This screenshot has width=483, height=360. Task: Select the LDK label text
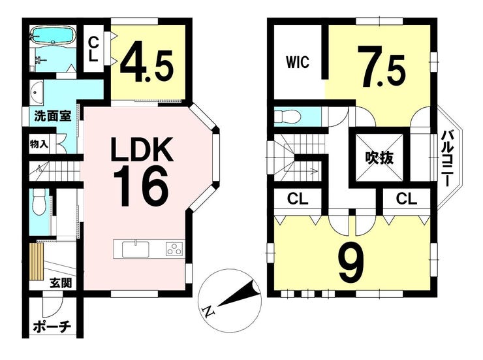(142, 150)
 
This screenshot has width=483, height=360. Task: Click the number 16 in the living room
(142, 187)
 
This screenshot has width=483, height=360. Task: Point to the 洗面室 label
(53, 116)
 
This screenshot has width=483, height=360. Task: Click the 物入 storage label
(39, 144)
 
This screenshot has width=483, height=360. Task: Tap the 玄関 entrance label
(61, 282)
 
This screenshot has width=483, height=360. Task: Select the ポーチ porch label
(52, 326)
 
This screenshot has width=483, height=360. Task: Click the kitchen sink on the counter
(136, 249)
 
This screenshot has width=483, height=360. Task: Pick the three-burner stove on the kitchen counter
(174, 249)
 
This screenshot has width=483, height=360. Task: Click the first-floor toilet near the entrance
(39, 202)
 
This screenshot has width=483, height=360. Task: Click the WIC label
(297, 62)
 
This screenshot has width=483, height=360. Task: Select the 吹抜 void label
(379, 158)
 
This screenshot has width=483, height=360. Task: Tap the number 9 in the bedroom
(351, 262)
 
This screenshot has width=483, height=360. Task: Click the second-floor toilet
(287, 117)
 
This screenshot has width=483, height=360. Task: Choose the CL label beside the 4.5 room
(93, 49)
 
